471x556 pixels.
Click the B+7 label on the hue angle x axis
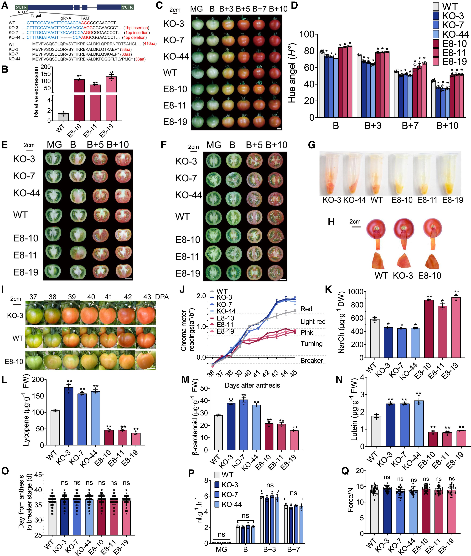[x=410, y=125]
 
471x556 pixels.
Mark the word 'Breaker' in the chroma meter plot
[x=312, y=360]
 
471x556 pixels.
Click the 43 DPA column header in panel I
[x=147, y=297]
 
